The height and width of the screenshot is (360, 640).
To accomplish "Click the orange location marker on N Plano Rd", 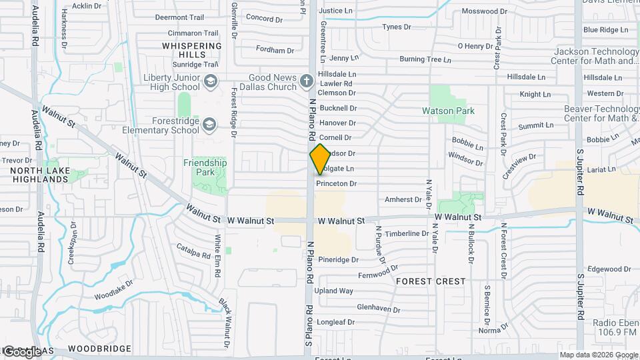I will click(320, 159).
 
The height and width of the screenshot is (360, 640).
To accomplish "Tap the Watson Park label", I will click(448, 111).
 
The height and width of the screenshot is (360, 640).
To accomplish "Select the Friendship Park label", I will click(205, 167).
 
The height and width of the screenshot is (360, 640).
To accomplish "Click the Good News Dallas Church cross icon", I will click(306, 81).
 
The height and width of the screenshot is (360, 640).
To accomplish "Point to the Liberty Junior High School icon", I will click(210, 82).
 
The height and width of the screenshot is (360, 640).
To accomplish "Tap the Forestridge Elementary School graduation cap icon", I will click(209, 125).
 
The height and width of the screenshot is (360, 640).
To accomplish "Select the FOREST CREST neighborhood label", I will click(431, 281).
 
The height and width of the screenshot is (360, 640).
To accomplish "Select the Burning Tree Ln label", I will click(425, 59).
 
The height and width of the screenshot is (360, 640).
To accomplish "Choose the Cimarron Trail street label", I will click(193, 33).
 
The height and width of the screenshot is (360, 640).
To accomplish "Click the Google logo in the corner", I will click(21, 351).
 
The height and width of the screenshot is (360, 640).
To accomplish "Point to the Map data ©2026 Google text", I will click(598, 355).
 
